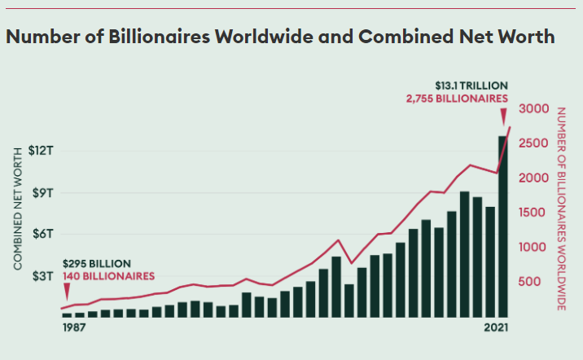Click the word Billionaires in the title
pos(159,37)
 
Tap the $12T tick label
pos(41,151)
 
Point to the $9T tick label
pos(43,193)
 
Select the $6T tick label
pos(43,234)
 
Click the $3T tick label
pos(43,276)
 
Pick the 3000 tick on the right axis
pos(534,108)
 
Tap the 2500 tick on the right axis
pos(533,143)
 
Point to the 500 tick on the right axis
pos(529,282)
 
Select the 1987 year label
pos(74,327)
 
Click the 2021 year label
pos(496,327)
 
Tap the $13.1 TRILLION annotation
pos(471,86)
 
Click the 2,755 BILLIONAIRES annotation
pos(457,99)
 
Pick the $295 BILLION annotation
pos(97,264)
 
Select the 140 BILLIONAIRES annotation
pos(108,276)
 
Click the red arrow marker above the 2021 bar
pos(503,116)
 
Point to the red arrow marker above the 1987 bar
pos(67,292)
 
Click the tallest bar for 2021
pos(502,226)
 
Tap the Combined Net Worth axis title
pos(17,209)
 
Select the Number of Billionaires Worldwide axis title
pos(561,209)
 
